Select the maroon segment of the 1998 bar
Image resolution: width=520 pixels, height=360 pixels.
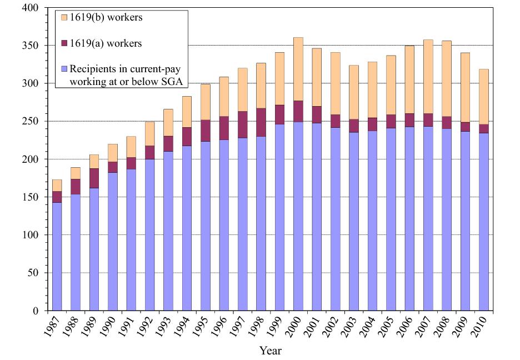(x=261, y=118)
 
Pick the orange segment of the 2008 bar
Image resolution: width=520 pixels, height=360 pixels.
(x=447, y=91)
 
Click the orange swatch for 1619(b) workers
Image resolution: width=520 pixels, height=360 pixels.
(x=64, y=18)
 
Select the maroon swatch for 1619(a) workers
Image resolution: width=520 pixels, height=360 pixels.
(x=64, y=43)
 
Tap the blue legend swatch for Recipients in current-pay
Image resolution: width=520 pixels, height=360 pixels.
(x=64, y=69)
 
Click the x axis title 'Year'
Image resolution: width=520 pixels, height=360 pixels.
(x=270, y=351)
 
